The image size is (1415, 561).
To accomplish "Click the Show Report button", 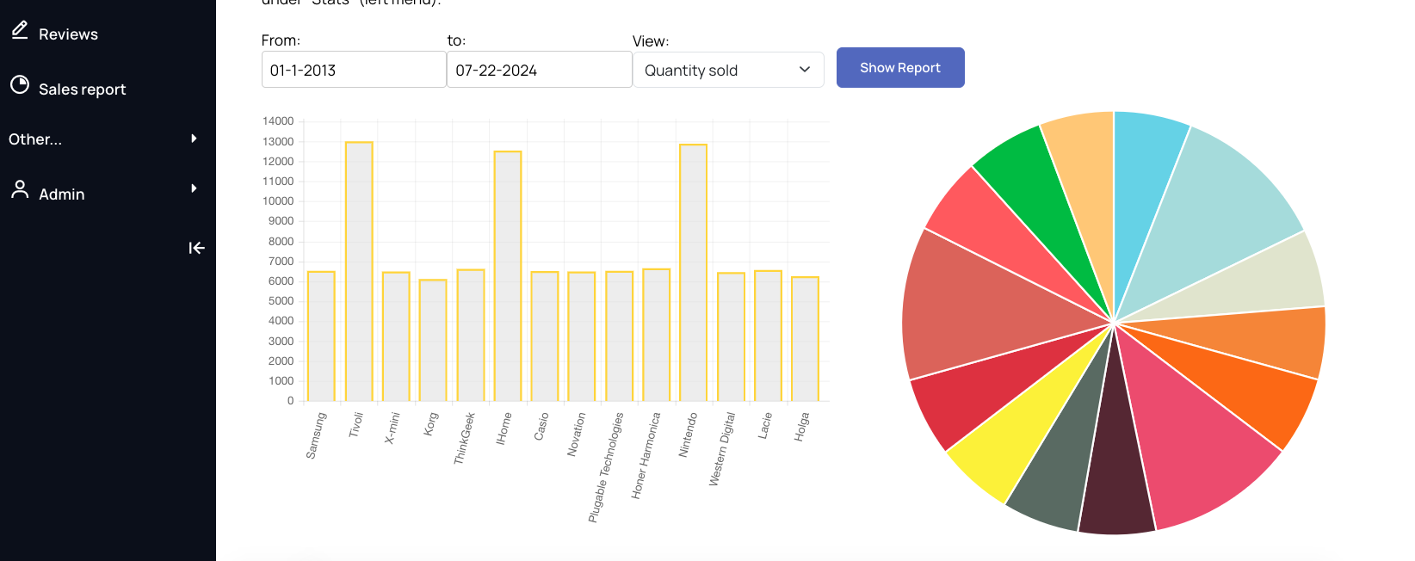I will pyautogui.click(x=899, y=68).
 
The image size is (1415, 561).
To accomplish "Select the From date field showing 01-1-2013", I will pyautogui.click(x=353, y=70).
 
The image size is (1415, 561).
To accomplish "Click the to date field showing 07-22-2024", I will pyautogui.click(x=539, y=70).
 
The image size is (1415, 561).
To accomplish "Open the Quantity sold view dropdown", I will pyautogui.click(x=727, y=70).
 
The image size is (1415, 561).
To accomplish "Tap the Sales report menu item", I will pyautogui.click(x=82, y=89).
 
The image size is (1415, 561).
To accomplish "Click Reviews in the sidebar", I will pyautogui.click(x=68, y=34).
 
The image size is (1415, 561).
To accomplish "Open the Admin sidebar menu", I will pyautogui.click(x=61, y=194).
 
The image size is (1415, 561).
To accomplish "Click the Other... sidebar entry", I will pyautogui.click(x=35, y=139).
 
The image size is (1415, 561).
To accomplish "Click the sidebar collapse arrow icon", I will pyautogui.click(x=196, y=248).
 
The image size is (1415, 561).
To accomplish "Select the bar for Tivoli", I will pyautogui.click(x=359, y=271).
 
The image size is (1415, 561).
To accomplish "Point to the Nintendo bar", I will pyautogui.click(x=693, y=273).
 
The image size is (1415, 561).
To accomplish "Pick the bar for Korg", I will pyautogui.click(x=433, y=340).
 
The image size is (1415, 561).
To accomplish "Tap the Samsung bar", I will pyautogui.click(x=321, y=336).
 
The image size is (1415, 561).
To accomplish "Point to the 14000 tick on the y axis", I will pyautogui.click(x=278, y=121).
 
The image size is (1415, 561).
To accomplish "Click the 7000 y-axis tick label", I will pyautogui.click(x=281, y=261).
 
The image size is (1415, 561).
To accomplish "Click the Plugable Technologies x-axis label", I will pyautogui.click(x=606, y=466).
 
